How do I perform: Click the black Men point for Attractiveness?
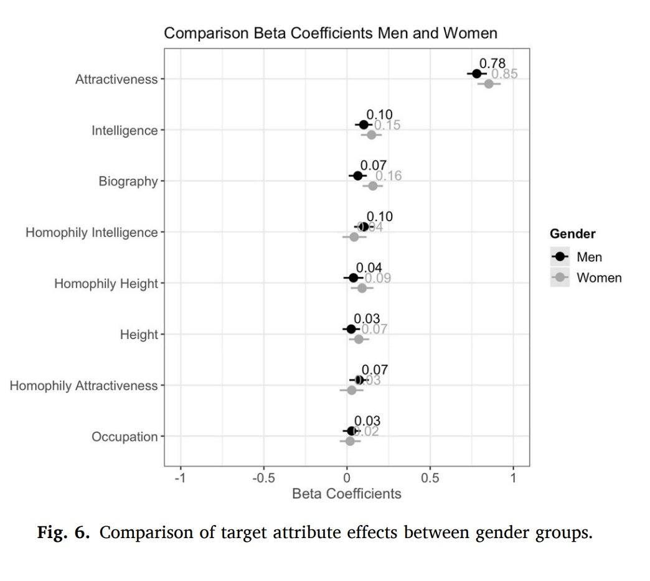click(477, 73)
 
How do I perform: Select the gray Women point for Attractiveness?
click(489, 84)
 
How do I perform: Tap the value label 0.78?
click(492, 63)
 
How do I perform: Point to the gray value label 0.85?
click(504, 75)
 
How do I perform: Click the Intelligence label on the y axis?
click(125, 131)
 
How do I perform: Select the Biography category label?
click(128, 182)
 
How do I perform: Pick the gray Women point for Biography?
click(373, 186)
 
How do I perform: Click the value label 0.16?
click(389, 176)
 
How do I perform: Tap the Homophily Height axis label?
click(106, 284)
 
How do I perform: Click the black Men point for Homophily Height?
click(354, 277)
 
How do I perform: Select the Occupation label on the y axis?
click(125, 437)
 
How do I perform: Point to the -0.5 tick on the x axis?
click(263, 478)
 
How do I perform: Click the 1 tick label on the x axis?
click(513, 478)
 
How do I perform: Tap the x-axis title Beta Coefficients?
click(347, 494)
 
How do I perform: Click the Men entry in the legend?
click(589, 257)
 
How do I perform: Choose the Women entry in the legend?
click(598, 277)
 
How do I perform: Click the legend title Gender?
click(572, 234)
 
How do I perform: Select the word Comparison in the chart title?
click(205, 33)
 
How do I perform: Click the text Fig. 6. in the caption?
click(65, 533)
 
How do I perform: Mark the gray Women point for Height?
click(358, 339)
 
